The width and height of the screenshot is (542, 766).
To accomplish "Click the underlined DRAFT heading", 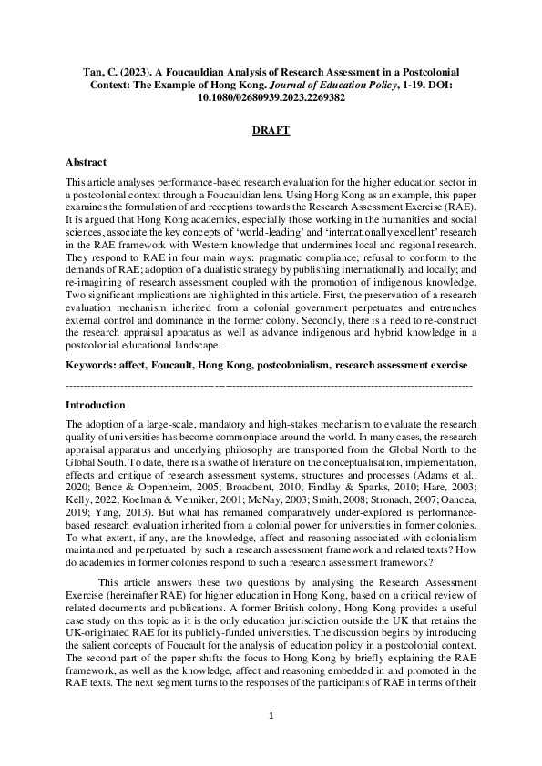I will coord(271,131).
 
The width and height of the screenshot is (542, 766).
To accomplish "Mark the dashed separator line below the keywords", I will coord(271,386).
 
